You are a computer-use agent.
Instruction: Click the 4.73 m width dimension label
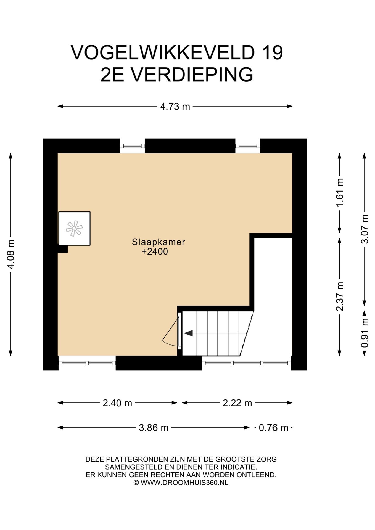(175, 106)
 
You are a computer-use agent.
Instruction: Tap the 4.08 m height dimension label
(11, 254)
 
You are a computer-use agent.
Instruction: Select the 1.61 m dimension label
(340, 192)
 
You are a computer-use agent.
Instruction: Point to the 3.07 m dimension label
(365, 229)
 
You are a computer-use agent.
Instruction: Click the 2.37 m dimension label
(340, 296)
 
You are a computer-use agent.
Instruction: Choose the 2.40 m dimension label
(117, 403)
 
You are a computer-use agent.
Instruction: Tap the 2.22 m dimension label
(237, 403)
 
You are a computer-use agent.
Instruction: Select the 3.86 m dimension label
(154, 428)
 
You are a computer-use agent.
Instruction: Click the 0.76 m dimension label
(273, 428)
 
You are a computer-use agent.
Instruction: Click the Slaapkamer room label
(159, 242)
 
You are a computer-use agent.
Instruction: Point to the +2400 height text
(155, 251)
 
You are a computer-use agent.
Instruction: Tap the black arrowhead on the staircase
(188, 333)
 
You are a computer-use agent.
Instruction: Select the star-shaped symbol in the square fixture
(74, 229)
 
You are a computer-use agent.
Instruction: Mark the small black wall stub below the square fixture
(63, 249)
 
